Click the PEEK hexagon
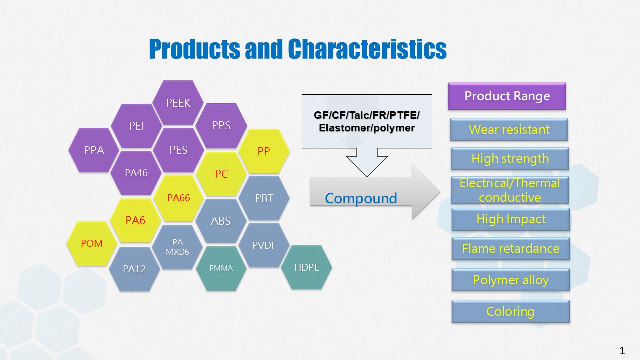click(178, 103)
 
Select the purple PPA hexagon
click(94, 150)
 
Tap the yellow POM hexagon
click(92, 243)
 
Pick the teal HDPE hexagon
click(307, 267)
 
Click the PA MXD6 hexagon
click(177, 247)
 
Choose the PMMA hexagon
click(221, 268)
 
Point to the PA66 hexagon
click(179, 198)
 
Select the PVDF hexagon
click(264, 245)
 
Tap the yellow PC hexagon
click(221, 174)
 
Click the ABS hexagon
click(221, 221)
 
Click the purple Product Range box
click(507, 96)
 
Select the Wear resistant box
click(509, 129)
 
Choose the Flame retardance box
click(511, 249)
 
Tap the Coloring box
click(511, 311)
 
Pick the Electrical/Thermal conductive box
click(510, 190)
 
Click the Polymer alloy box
click(511, 280)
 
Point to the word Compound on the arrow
click(361, 198)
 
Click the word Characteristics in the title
click(367, 49)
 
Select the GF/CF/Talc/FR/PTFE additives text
click(367, 115)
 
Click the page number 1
click(622, 350)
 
